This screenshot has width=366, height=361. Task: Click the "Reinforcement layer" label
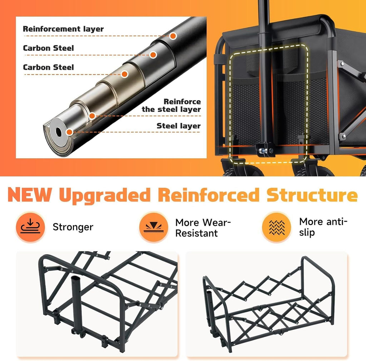(63, 29)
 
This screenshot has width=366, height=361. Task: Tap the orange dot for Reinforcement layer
(173, 36)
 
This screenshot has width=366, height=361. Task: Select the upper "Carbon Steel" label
(48, 48)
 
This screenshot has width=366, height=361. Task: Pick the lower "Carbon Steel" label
(48, 67)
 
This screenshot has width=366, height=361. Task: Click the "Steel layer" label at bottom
(179, 126)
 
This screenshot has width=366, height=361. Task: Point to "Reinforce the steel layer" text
(171, 105)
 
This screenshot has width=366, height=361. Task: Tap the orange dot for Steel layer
(69, 132)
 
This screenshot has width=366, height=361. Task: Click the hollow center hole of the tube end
(59, 132)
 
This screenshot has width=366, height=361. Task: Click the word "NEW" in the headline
(30, 194)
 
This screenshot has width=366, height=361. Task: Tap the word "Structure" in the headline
(312, 194)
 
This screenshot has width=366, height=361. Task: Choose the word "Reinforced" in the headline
(209, 194)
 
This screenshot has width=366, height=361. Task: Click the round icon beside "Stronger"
(30, 227)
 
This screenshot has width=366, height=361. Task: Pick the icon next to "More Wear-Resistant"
(154, 227)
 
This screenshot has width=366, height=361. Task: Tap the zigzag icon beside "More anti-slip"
(277, 227)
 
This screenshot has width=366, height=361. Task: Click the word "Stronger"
(73, 227)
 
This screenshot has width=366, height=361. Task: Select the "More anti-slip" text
(323, 227)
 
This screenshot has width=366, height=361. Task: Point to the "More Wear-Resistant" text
(203, 228)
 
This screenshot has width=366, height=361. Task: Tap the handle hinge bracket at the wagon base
(265, 150)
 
